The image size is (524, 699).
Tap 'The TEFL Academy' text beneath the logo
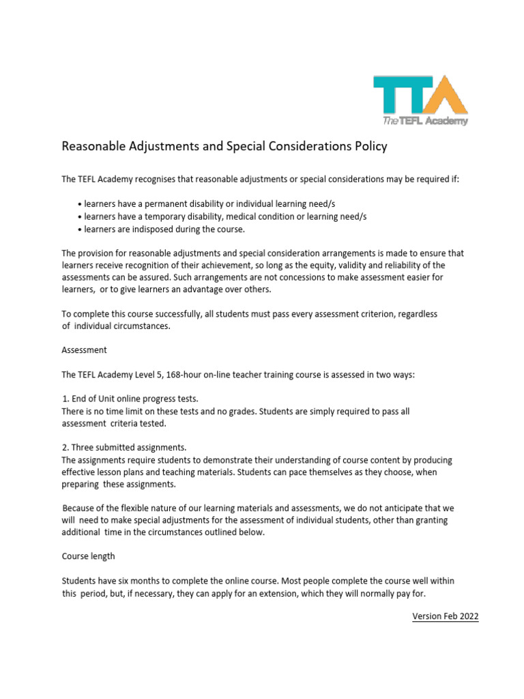click(x=425, y=121)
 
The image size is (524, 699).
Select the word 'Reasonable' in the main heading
click(x=94, y=146)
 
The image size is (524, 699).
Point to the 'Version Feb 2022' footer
click(x=445, y=616)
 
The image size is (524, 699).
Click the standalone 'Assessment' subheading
click(x=84, y=349)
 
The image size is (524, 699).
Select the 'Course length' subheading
click(x=89, y=557)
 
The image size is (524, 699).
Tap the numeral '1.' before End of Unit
click(x=65, y=399)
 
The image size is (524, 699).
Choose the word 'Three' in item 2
click(x=85, y=448)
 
